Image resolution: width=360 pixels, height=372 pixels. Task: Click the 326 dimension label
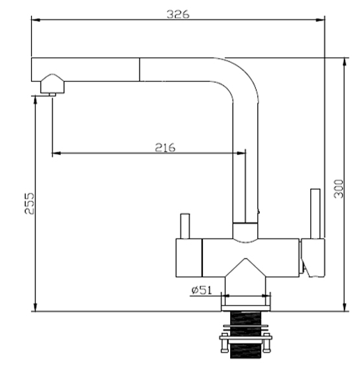[178, 14]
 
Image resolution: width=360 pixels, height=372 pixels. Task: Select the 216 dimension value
[165, 147]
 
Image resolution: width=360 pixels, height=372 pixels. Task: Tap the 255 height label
[30, 203]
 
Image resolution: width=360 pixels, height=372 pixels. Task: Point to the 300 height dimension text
[339, 189]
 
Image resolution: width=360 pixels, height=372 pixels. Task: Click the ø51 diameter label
[202, 290]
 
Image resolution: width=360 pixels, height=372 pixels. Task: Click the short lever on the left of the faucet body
[185, 226]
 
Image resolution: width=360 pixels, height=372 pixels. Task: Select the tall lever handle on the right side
[315, 214]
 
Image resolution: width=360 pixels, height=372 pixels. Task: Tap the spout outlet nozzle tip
[52, 94]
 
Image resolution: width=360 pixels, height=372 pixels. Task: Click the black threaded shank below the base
[246, 335]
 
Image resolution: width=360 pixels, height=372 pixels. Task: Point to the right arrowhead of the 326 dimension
[321, 19]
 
